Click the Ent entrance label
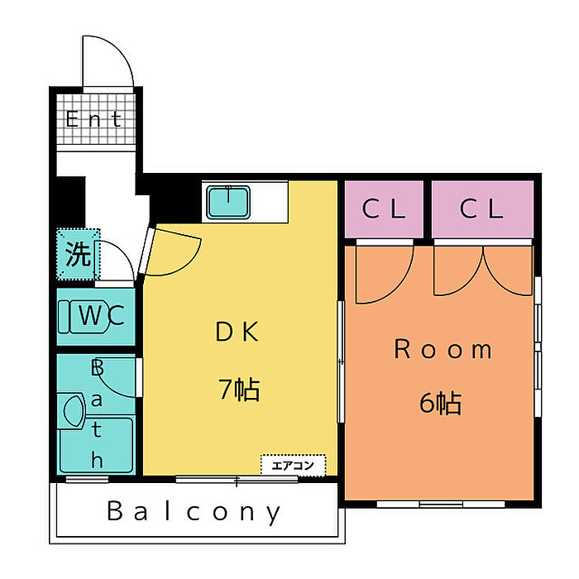(x=93, y=119)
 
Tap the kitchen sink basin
(x=228, y=203)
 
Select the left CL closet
(x=384, y=209)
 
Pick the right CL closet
(x=482, y=209)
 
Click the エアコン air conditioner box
(x=293, y=465)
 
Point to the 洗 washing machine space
(x=78, y=255)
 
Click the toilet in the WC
(x=84, y=317)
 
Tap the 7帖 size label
(x=239, y=390)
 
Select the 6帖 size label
(x=441, y=403)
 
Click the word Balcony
(x=194, y=512)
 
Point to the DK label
(x=237, y=331)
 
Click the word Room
(x=443, y=349)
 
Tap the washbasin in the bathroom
(x=74, y=411)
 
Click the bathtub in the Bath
(x=96, y=445)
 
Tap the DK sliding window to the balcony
(x=237, y=480)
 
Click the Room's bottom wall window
(x=441, y=504)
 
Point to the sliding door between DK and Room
(x=341, y=362)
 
